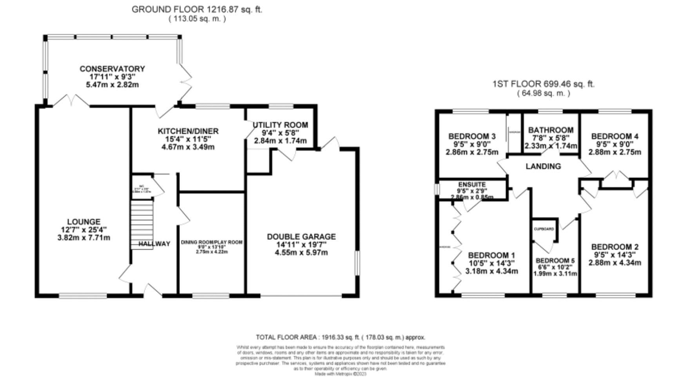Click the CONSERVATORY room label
[112, 69]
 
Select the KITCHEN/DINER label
[188, 131]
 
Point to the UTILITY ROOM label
[280, 125]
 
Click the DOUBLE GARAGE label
[301, 237]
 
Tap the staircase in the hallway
[141, 224]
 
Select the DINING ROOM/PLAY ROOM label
[212, 242]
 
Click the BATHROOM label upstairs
[551, 130]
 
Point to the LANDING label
[543, 166]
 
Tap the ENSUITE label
[472, 184]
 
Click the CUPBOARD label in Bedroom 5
[544, 229]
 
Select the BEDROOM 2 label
[614, 247]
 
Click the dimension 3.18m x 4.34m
[491, 271]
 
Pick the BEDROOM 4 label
[614, 136]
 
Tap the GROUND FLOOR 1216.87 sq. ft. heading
[197, 9]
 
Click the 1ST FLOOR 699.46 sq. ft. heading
[543, 84]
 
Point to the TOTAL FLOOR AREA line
[340, 337]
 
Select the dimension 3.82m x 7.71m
[83, 237]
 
